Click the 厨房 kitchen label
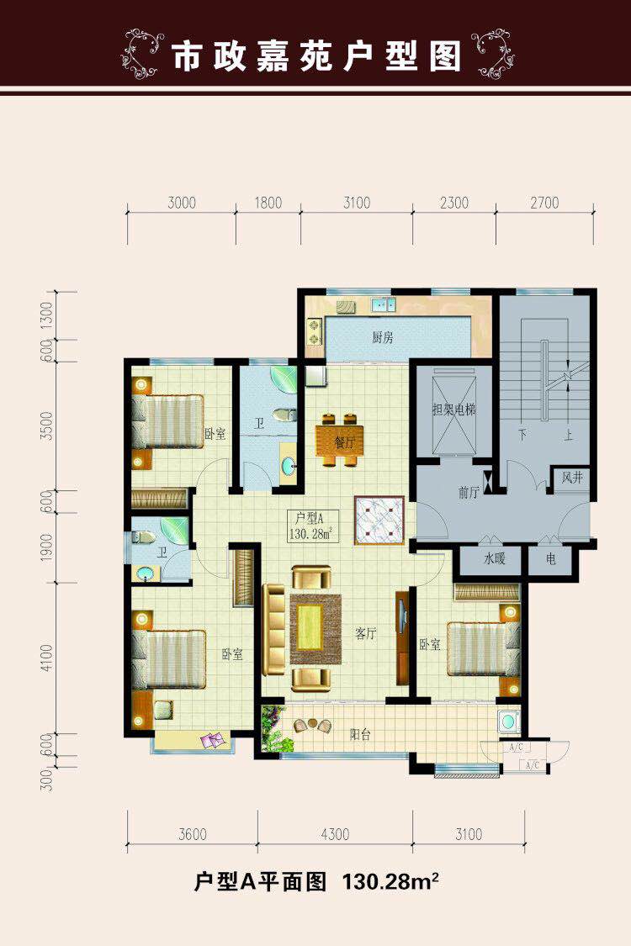(x=383, y=337)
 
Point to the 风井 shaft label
(x=572, y=478)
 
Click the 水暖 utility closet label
(x=494, y=558)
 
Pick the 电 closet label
(x=551, y=559)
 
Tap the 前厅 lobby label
(x=469, y=492)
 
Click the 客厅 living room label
(x=366, y=633)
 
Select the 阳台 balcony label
(x=360, y=735)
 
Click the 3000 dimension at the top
(x=182, y=203)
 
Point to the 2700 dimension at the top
(x=544, y=203)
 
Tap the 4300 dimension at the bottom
(x=335, y=834)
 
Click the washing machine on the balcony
(x=509, y=721)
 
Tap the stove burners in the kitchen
(x=315, y=331)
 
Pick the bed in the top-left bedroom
(x=168, y=421)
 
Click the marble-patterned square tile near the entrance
(x=379, y=521)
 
